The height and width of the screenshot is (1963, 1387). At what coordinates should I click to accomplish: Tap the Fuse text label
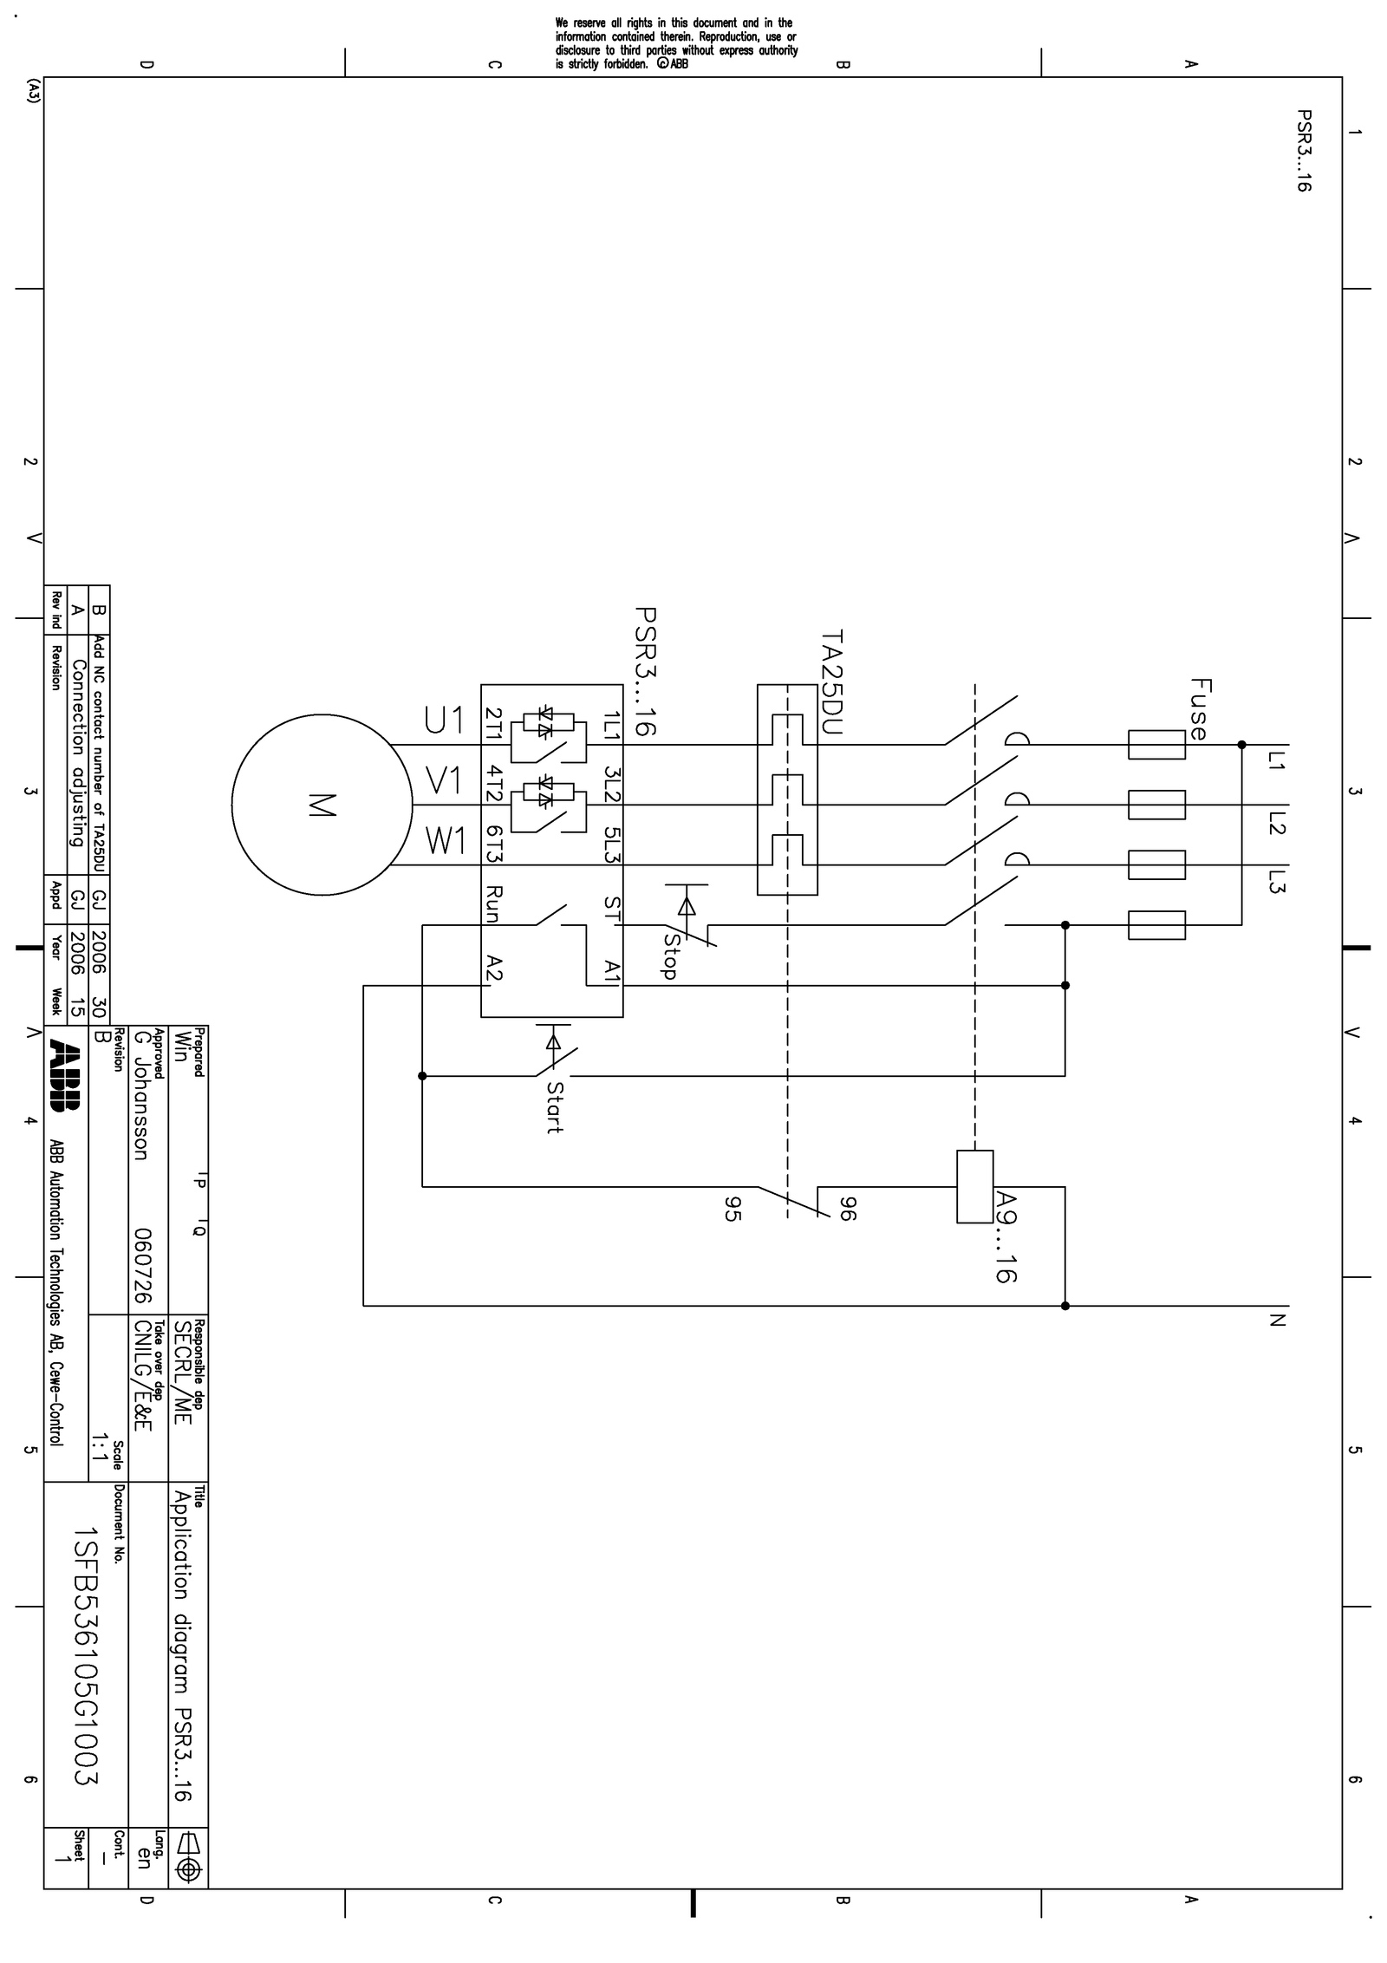tap(1198, 708)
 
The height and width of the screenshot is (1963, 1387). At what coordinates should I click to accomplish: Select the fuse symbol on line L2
tap(1156, 805)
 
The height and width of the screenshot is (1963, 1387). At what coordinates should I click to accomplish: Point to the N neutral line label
tap(1275, 1321)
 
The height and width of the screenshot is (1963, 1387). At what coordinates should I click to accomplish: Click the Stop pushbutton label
tap(669, 955)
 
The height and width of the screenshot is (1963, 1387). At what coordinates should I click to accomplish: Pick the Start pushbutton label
tap(555, 1107)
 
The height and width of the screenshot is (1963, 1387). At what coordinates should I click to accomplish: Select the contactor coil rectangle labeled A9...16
tap(974, 1186)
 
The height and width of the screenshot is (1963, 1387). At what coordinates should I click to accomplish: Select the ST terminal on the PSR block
tap(612, 909)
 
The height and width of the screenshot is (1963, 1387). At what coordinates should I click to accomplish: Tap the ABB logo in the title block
tap(65, 1075)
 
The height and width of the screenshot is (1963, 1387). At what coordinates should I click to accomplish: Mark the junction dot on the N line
tap(1065, 1306)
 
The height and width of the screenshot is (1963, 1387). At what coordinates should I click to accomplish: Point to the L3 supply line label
tap(1275, 882)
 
